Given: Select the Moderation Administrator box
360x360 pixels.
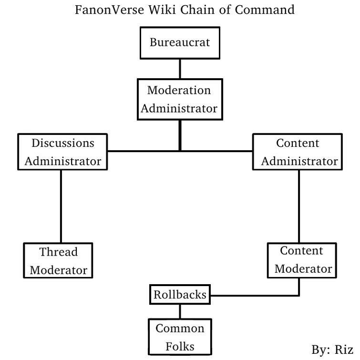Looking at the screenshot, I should tap(179, 99).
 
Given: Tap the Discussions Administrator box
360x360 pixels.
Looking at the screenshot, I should tap(62, 152).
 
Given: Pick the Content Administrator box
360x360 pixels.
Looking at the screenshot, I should tap(297, 152).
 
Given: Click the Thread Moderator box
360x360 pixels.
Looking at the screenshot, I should tap(58, 260).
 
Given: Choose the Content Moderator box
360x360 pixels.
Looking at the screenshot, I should tap(301, 260).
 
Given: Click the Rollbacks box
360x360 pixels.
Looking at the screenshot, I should tap(180, 295).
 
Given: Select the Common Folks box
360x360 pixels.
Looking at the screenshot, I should tap(180, 337).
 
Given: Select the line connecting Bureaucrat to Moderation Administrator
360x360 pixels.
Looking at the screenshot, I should tap(180, 69).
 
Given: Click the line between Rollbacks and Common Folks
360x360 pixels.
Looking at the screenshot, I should tap(180, 312).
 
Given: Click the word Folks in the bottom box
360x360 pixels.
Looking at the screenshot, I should tap(180, 346).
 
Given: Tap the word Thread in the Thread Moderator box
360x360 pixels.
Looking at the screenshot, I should tap(58, 251).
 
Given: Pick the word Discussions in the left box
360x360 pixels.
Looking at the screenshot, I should tap(62, 143).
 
